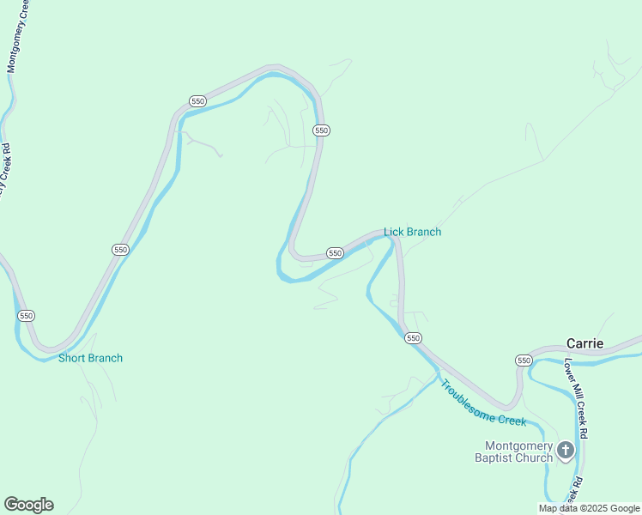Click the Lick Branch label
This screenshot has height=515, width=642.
click(412, 232)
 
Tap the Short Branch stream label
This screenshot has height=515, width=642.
click(90, 358)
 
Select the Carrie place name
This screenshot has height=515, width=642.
click(584, 343)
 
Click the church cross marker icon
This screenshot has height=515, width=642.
click(566, 450)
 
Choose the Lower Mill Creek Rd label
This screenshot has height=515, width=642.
click(575, 399)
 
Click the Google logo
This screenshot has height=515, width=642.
click(28, 505)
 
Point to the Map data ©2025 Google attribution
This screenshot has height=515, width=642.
click(589, 508)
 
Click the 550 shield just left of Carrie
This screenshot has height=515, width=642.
click(524, 360)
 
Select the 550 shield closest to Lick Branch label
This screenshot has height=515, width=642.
click(335, 253)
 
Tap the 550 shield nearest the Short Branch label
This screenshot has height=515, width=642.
click(26, 316)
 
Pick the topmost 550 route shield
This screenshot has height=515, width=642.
click(198, 100)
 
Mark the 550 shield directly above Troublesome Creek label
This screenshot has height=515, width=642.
click(413, 338)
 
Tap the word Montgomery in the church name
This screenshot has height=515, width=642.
click(518, 445)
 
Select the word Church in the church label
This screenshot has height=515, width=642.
click(536, 457)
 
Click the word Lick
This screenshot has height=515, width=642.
click(393, 232)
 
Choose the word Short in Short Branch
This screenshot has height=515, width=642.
click(71, 358)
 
